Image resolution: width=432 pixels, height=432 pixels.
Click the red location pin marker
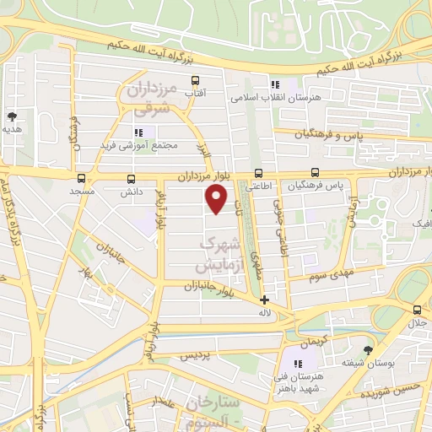pos(217,199)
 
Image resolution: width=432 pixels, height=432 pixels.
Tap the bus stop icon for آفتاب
pos(196,81)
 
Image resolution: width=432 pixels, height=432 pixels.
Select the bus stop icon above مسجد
pos(81,178)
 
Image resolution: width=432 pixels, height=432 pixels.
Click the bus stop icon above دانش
pos(131,178)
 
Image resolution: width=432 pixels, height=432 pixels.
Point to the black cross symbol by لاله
pos(264,300)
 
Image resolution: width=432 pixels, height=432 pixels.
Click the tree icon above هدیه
pos(12,116)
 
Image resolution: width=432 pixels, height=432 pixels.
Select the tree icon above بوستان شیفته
pos(368,349)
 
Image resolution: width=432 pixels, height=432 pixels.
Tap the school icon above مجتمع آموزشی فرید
pos(139,132)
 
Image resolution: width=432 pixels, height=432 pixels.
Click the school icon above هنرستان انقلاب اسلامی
pos(274,84)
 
